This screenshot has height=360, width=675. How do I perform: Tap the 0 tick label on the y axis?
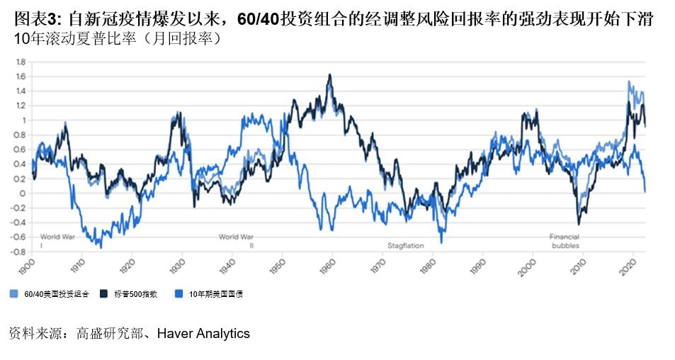[23, 193]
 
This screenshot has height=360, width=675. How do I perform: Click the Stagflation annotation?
[405, 246]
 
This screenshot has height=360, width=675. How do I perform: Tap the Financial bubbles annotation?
[565, 241]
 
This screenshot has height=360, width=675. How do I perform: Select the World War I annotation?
[57, 240]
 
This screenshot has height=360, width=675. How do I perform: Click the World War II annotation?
[237, 240]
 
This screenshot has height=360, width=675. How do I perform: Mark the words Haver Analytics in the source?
[203, 334]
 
